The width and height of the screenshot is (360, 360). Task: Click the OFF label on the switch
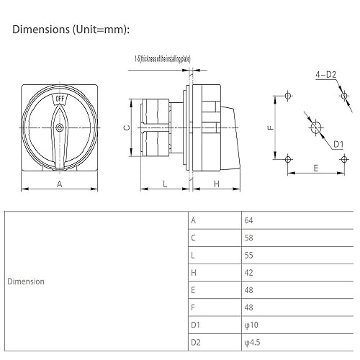[59, 100]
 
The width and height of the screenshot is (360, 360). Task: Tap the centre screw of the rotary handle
[59, 128]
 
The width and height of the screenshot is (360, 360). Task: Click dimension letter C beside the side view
[126, 127]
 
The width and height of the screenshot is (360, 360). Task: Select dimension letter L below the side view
[165, 184]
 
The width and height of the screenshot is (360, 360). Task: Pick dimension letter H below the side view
[216, 184]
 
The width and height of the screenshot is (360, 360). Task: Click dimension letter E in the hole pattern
[315, 167]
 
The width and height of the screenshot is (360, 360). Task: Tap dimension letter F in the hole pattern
[269, 128]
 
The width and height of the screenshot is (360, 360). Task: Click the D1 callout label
[337, 144]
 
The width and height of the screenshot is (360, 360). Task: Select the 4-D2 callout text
[325, 74]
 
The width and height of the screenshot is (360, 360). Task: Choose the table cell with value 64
[250, 220]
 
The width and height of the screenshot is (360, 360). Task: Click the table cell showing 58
[250, 238]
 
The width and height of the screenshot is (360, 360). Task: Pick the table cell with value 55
[250, 255]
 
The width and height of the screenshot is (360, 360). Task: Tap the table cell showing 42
[250, 272]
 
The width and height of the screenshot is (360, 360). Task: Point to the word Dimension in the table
[26, 282]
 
